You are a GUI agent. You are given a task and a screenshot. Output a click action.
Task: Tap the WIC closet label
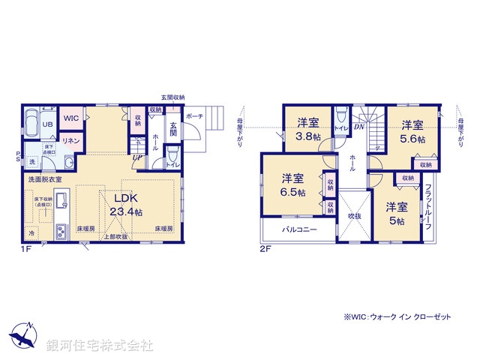pos(71,118)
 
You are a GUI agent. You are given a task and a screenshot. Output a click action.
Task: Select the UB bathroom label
pos(46,125)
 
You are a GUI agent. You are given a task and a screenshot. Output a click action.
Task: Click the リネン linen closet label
pos(70,140)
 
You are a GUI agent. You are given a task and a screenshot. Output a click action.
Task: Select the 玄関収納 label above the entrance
pos(172,98)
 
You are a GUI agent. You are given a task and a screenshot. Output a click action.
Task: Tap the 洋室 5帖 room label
pos(397,214)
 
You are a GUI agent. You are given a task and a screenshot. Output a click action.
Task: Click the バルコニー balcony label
pos(299,230)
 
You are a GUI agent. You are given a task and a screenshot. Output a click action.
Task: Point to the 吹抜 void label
pos(353,217)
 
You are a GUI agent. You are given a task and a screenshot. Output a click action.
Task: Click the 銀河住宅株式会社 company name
pos(99,346)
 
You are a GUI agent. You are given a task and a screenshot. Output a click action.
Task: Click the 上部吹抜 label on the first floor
pos(115,237)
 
